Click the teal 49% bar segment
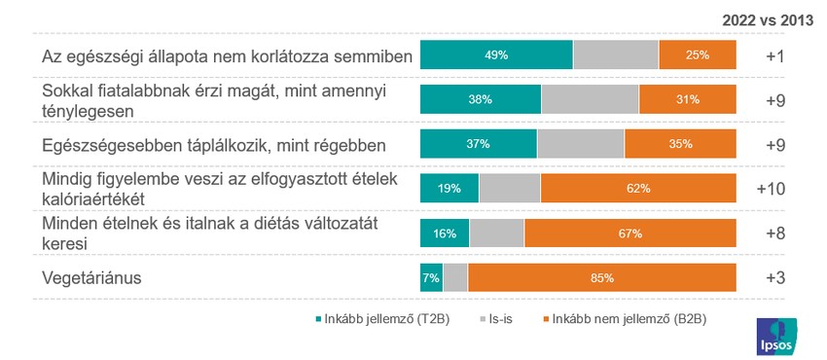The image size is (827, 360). [496, 55]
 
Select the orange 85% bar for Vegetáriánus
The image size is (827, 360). [602, 278]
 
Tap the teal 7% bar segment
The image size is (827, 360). [431, 278]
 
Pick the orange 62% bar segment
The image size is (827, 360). [638, 189]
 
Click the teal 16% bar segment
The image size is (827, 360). [445, 234]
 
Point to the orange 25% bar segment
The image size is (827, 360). [698, 55]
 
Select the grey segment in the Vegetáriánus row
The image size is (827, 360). [455, 278]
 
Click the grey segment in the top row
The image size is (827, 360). [616, 55]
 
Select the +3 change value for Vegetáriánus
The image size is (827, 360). [774, 278]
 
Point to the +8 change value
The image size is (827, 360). [774, 234]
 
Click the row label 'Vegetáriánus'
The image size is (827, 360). [92, 278]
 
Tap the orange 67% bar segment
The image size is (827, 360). [630, 234]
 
